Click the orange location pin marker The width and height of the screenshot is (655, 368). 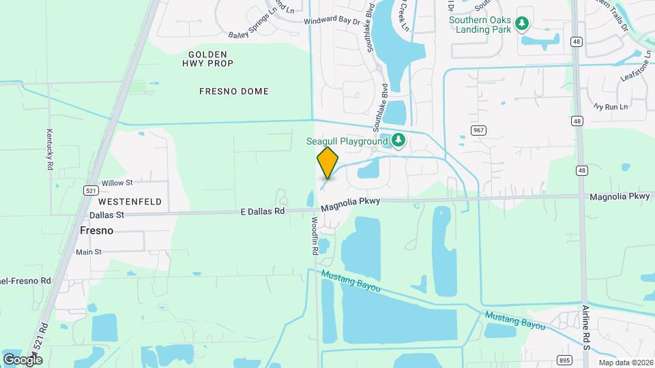pyautogui.click(x=327, y=163)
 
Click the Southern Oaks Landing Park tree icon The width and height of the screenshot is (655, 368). pyautogui.click(x=522, y=25)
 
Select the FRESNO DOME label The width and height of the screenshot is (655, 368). pyautogui.click(x=234, y=91)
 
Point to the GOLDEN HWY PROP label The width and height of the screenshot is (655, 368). pyautogui.click(x=207, y=59)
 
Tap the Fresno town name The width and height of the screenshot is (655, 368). pyautogui.click(x=96, y=230)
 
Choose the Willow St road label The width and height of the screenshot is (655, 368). pyautogui.click(x=117, y=183)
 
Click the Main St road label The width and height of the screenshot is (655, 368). pyautogui.click(x=88, y=252)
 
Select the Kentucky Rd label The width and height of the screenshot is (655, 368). pyautogui.click(x=50, y=150)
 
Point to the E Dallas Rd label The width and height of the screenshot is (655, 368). pyautogui.click(x=263, y=211)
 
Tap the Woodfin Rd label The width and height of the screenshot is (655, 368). pyautogui.click(x=315, y=236)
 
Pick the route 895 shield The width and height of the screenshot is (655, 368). pyautogui.click(x=564, y=360)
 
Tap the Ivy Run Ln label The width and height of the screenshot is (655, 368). pyautogui.click(x=610, y=107)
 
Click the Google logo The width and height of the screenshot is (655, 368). pyautogui.click(x=23, y=359)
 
